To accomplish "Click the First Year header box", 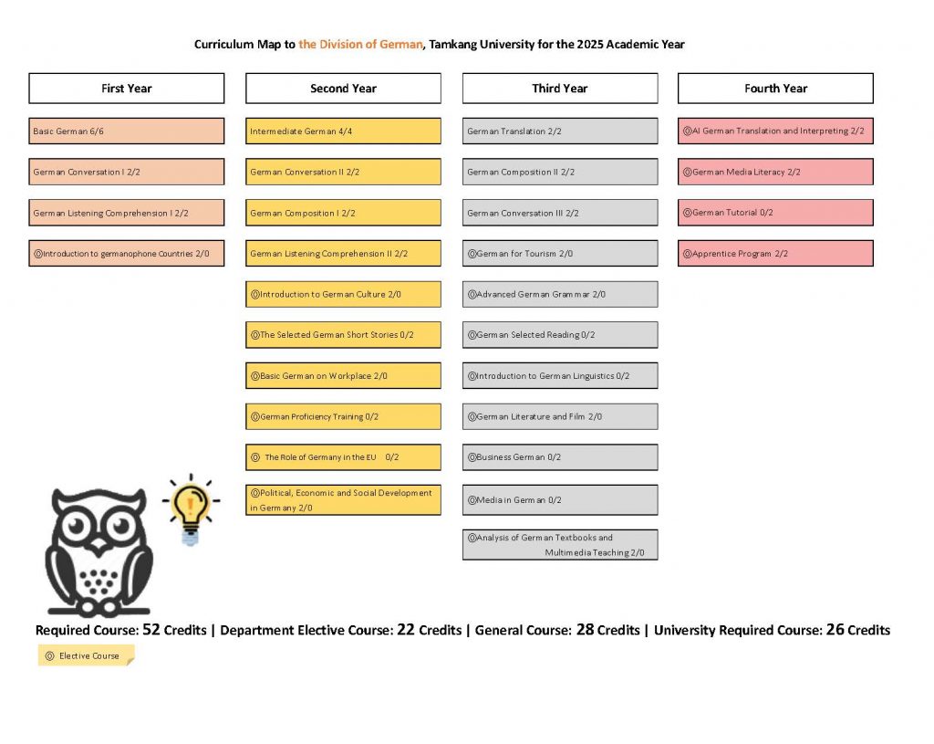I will (x=126, y=89).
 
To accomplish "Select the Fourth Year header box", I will (x=775, y=89).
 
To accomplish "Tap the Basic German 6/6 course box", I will (x=126, y=131).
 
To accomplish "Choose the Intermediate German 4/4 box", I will (x=343, y=131).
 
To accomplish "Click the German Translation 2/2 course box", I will (x=559, y=131).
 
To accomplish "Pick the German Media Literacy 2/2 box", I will (x=775, y=172).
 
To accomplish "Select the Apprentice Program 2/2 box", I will (x=775, y=254).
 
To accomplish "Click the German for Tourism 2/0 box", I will (x=559, y=254).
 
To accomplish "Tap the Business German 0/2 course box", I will (x=559, y=457).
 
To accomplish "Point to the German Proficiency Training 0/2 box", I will (x=343, y=417).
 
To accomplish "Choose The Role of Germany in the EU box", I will (x=343, y=457).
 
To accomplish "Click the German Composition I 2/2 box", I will (x=343, y=213).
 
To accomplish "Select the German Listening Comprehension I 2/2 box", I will (x=126, y=213).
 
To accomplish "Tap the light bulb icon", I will (x=190, y=507).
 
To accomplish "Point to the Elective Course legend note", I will (x=86, y=655).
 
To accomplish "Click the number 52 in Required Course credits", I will (x=151, y=629).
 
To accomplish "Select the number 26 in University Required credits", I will (x=835, y=629).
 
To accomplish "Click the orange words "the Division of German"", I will (x=361, y=44).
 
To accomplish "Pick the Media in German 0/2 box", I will (x=559, y=500).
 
